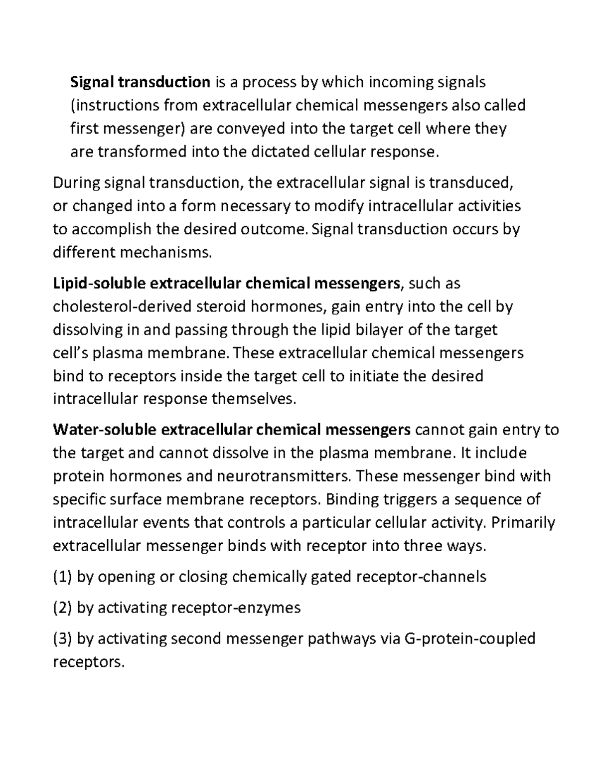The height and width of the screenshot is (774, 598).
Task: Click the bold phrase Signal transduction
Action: pyautogui.click(x=140, y=82)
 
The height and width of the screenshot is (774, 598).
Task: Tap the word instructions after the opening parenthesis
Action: pyautogui.click(x=111, y=105)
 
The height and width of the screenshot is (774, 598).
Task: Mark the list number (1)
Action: pyautogui.click(x=62, y=577)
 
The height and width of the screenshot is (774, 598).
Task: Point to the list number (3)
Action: pyautogui.click(x=62, y=639)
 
